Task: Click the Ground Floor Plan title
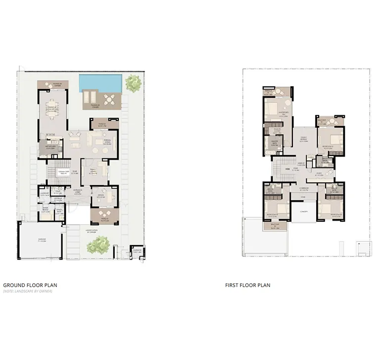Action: click(30, 285)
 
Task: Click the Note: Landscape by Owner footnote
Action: click(27, 292)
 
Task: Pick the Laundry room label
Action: click(45, 194)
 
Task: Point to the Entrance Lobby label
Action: click(78, 193)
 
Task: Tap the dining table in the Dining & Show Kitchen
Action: click(51, 109)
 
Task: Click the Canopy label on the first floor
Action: click(303, 212)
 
